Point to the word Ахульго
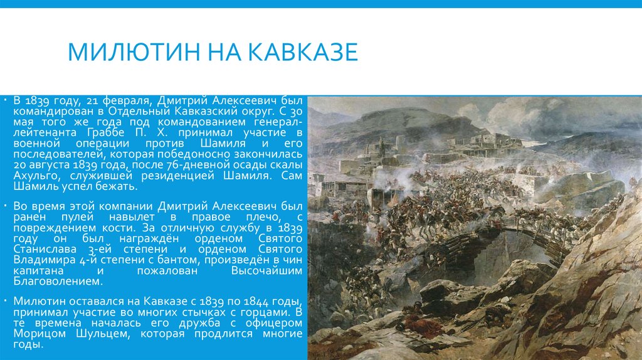coord(34,177)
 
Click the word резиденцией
coord(180,177)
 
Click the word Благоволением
coord(51,282)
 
